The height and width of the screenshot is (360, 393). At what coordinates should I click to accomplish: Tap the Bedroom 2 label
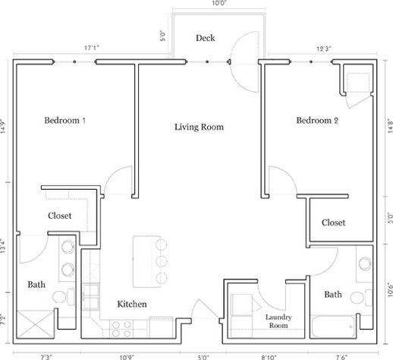click(x=322, y=120)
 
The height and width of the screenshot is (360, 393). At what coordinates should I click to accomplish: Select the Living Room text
click(x=199, y=127)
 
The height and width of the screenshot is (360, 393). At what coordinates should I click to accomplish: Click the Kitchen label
click(x=131, y=305)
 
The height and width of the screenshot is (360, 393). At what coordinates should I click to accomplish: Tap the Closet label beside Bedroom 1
click(x=59, y=216)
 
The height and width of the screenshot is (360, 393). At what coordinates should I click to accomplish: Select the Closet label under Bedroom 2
click(x=333, y=223)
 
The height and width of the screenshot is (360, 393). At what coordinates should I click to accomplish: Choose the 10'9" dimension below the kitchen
click(x=127, y=355)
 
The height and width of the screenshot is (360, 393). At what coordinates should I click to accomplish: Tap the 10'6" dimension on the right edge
click(x=388, y=291)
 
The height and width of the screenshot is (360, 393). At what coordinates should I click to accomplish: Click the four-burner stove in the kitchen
click(x=122, y=328)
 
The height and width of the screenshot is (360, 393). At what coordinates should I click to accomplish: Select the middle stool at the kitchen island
click(x=162, y=261)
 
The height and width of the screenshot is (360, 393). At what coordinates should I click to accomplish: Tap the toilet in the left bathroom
click(x=68, y=295)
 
